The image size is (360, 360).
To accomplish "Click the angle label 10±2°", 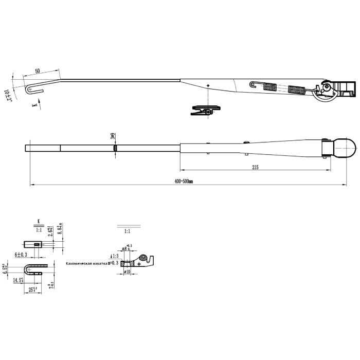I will click(x=8, y=95).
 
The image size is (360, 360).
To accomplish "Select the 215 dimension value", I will click(x=255, y=168).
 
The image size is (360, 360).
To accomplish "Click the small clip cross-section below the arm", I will click(x=206, y=110).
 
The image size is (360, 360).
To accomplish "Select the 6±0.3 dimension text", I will click(x=20, y=255).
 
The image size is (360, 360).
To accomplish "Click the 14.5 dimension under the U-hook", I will click(x=19, y=280).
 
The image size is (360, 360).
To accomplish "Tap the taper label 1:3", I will click(x=116, y=256).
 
